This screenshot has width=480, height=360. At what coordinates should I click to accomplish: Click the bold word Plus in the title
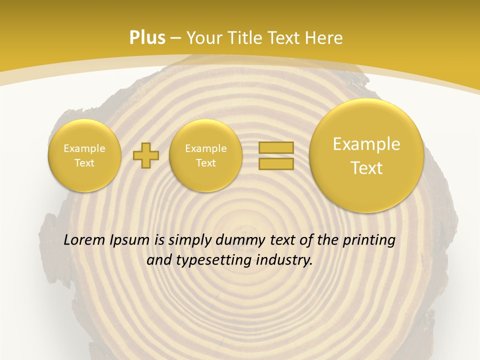point(147,38)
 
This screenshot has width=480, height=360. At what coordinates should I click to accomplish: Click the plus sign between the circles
point(146,156)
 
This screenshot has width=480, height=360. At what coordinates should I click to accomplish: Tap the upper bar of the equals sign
point(275,147)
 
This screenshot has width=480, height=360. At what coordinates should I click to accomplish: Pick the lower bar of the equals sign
point(275,163)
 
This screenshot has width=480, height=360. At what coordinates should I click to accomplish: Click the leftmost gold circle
point(84,155)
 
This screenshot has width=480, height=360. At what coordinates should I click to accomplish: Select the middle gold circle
point(205,155)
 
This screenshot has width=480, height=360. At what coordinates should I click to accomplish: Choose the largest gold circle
point(366,155)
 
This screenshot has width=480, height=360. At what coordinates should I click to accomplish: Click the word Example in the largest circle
point(366,144)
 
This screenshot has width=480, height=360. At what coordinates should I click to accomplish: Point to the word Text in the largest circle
point(366,168)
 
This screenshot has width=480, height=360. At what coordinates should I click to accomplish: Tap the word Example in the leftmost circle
point(84,148)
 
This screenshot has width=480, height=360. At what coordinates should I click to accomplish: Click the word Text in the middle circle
point(205,163)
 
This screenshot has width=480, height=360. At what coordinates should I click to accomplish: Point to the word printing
point(370,240)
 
